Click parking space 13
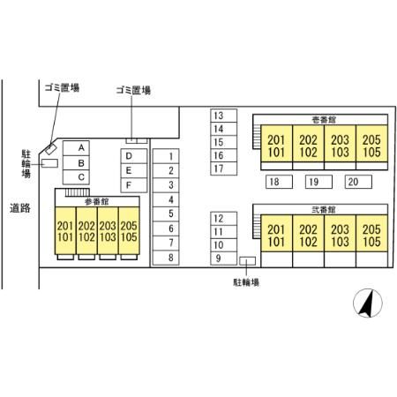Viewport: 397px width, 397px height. (x=223, y=116)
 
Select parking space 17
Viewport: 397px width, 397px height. (x=223, y=169)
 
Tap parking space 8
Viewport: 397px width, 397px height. (x=166, y=258)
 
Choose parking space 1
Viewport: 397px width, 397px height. (x=166, y=156)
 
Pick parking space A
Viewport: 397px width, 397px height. (x=76, y=148)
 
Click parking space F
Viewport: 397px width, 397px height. (x=134, y=185)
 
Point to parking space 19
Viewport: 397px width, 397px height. (x=318, y=182)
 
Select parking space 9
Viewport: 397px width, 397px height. (x=223, y=258)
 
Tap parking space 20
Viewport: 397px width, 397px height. (x=358, y=182)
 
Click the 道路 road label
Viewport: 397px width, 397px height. (x=20, y=208)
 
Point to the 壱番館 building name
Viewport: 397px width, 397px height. (x=324, y=120)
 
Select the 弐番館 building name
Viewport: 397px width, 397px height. (x=324, y=209)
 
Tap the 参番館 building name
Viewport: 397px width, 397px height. (x=97, y=202)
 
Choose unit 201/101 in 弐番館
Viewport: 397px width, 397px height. (x=277, y=233)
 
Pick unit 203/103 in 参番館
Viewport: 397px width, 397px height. (x=108, y=230)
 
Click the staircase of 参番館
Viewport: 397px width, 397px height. (x=77, y=192)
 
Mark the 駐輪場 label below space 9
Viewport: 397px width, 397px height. (x=246, y=282)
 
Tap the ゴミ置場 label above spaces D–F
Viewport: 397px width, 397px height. (x=133, y=90)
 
